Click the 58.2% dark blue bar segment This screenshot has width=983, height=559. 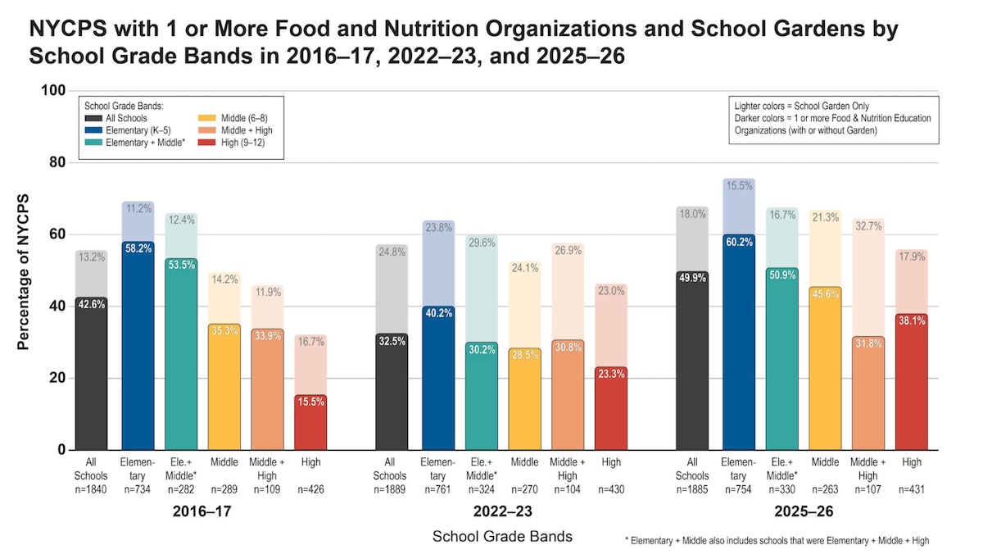click(138, 346)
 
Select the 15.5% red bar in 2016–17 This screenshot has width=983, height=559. click(310, 422)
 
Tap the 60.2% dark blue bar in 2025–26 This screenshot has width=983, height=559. click(739, 342)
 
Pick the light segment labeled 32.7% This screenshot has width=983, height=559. click(868, 278)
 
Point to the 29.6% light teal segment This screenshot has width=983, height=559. click(482, 289)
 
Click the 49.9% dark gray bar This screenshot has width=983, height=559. click(692, 361)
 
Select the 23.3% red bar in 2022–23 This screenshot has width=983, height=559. click(611, 408)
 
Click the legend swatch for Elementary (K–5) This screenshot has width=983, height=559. click(93, 130)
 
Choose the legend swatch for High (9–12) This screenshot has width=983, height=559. click(206, 143)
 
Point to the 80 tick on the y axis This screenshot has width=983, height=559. click(57, 162)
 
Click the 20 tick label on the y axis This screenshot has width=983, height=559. click(57, 378)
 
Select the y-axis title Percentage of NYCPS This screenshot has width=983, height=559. click(23, 272)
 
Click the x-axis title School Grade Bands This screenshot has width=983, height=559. click(502, 536)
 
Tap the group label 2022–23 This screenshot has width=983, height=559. click(502, 511)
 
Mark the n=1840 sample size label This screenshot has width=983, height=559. click(91, 489)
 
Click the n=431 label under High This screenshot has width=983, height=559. click(912, 489)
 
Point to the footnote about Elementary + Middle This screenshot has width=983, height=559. click(777, 540)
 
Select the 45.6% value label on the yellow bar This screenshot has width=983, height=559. click(826, 294)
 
